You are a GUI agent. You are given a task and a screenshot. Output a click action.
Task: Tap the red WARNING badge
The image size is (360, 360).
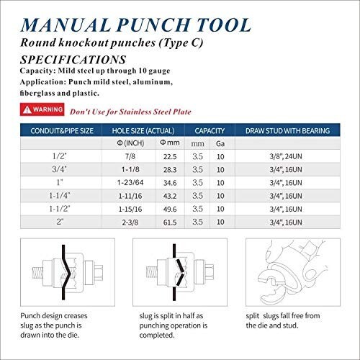42,110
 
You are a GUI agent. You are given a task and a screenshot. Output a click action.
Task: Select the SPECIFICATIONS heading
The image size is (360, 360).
73,59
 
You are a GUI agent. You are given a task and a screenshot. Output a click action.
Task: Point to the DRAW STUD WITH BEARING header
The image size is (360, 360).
287,131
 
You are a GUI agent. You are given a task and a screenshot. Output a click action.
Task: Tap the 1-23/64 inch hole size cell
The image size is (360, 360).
130,184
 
